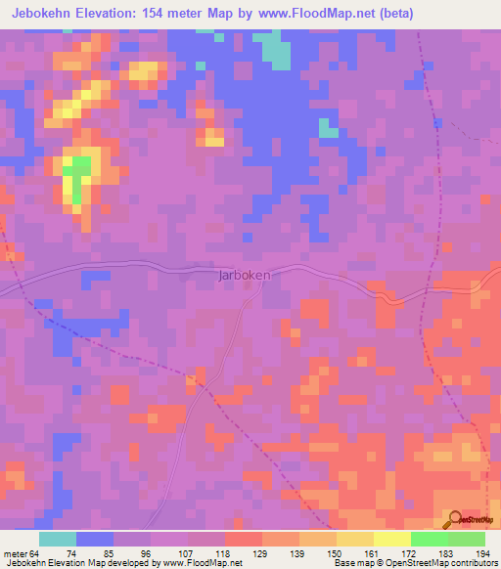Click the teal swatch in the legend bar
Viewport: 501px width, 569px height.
point(58,539)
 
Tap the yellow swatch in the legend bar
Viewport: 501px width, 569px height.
point(392,539)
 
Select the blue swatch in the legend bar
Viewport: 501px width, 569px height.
point(95,539)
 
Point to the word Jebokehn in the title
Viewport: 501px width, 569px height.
point(39,14)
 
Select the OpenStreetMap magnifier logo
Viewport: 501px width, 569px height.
point(456,520)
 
